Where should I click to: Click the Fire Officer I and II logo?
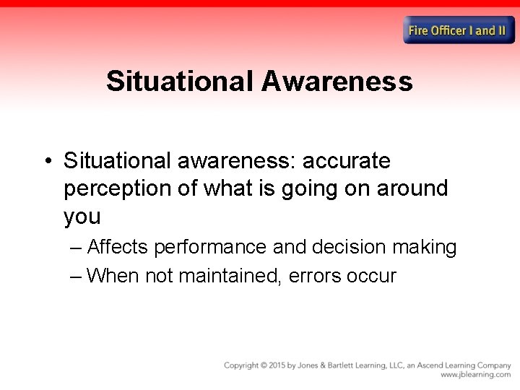(460, 30)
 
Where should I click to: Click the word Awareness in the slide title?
(337, 81)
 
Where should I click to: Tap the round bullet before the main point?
(47, 160)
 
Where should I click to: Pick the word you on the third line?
(82, 217)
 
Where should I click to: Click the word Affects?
(117, 247)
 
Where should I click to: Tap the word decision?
(350, 247)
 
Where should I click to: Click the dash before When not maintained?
(77, 275)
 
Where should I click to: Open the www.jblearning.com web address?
(475, 375)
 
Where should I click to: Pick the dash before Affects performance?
(77, 247)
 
